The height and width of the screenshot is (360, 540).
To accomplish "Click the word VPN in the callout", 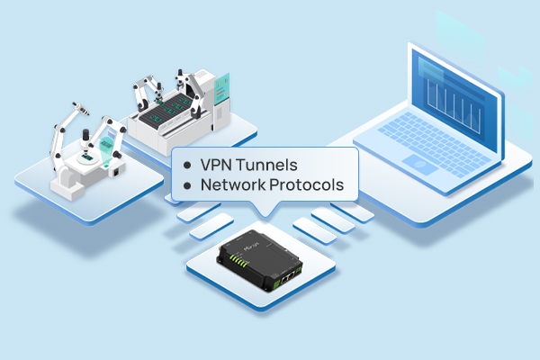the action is pyautogui.click(x=216, y=165).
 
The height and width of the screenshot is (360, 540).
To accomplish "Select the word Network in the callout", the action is pyautogui.click(x=233, y=184).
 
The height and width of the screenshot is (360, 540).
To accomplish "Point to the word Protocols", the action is pyautogui.click(x=307, y=184).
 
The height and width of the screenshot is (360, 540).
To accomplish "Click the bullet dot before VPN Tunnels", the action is pyautogui.click(x=187, y=166).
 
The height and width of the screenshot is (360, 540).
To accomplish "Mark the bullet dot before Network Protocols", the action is pyautogui.click(x=187, y=186).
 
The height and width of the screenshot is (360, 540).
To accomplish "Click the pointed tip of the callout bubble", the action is pyautogui.click(x=265, y=217).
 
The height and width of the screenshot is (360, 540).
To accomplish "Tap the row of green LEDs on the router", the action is pyautogui.click(x=239, y=260).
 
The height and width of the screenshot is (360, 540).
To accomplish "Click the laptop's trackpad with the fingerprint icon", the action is pyautogui.click(x=420, y=165).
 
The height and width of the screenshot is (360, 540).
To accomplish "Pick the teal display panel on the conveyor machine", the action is pyautogui.click(x=221, y=88).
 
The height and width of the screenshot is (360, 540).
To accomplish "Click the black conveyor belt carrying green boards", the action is pyautogui.click(x=166, y=110).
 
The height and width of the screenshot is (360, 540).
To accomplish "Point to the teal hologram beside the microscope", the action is pyautogui.click(x=106, y=150).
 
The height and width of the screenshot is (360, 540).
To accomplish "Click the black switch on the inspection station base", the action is pyautogui.click(x=117, y=171).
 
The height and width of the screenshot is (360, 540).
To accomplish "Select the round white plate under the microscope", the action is pyautogui.click(x=87, y=157).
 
